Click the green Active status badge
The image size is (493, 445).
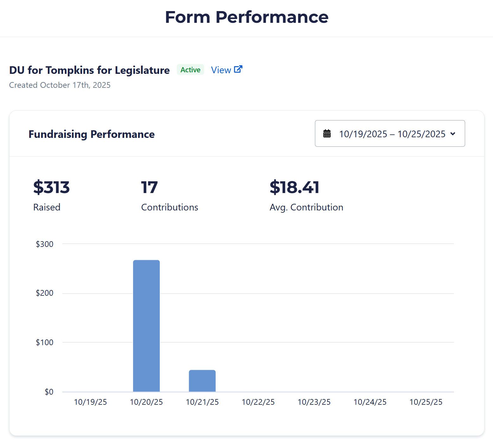(x=190, y=70)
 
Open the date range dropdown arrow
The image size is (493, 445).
(x=453, y=134)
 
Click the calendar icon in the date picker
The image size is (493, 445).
(x=327, y=134)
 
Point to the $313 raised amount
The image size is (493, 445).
(x=51, y=187)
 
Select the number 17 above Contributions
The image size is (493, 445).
(x=149, y=187)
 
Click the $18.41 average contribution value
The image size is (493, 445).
(x=294, y=187)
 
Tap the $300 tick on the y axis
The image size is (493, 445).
(x=44, y=244)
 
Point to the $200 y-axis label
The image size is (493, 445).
(x=44, y=293)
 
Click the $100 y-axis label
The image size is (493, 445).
(x=44, y=342)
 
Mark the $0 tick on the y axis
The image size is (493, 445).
(x=49, y=392)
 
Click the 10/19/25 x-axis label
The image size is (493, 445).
(x=90, y=402)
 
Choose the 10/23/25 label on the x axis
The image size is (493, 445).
(x=314, y=402)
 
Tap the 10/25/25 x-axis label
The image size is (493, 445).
(x=426, y=402)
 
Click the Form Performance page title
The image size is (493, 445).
(x=246, y=17)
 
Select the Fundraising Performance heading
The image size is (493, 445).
(x=92, y=134)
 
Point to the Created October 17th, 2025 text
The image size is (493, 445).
(x=60, y=85)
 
